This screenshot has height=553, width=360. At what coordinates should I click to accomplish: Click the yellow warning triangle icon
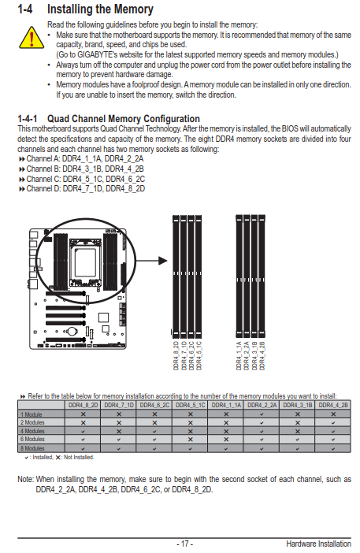(x=32, y=38)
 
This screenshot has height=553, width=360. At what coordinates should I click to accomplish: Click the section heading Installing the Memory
(x=100, y=9)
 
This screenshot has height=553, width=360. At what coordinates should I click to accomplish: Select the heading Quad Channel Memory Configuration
(x=124, y=118)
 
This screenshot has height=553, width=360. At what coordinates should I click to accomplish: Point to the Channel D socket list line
(x=82, y=189)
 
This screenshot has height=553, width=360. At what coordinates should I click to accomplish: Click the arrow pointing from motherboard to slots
(x=151, y=261)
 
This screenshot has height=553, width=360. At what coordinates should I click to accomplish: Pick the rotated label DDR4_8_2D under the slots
(x=176, y=355)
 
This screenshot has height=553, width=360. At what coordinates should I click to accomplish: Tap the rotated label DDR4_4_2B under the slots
(x=262, y=355)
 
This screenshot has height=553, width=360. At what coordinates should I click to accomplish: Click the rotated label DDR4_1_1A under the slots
(x=239, y=355)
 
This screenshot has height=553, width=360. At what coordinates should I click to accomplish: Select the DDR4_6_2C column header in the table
(x=154, y=405)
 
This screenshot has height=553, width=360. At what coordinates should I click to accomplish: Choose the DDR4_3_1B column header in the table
(x=297, y=405)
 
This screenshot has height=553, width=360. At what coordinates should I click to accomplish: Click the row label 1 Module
(x=32, y=414)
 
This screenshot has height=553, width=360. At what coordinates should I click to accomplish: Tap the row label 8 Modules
(x=32, y=448)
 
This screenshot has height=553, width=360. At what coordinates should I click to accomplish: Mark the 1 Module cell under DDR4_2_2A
(x=262, y=414)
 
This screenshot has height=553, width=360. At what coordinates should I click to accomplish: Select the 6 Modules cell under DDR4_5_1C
(x=191, y=440)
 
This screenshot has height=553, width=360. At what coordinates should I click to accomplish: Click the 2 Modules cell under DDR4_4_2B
(x=333, y=422)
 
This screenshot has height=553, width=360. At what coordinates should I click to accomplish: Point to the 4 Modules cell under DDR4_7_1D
(x=119, y=431)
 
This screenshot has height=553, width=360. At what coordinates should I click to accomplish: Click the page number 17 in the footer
(x=185, y=544)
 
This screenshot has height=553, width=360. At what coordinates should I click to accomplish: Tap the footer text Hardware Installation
(x=318, y=544)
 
